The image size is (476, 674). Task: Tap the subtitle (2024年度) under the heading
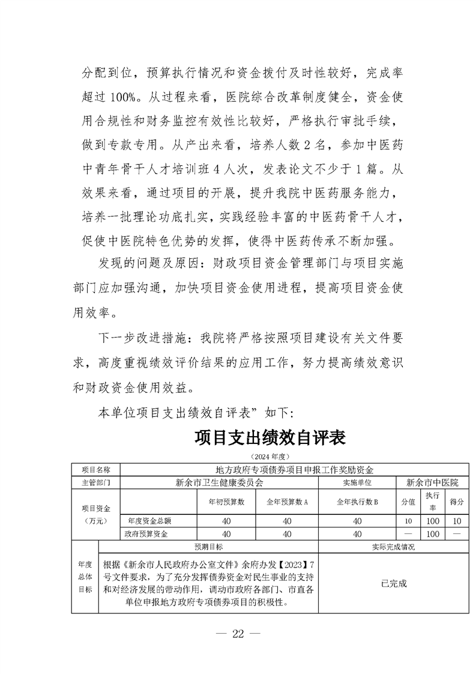pyautogui.click(x=270, y=456)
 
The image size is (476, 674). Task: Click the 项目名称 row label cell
pyautogui.click(x=96, y=469)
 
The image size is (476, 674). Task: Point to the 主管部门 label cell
pyautogui.click(x=96, y=482)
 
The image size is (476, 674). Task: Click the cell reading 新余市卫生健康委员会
pyautogui.click(x=219, y=482)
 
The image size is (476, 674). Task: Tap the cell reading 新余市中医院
pyautogui.click(x=432, y=482)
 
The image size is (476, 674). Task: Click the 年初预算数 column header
pyautogui.click(x=226, y=502)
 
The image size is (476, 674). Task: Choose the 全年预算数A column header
pyautogui.click(x=287, y=502)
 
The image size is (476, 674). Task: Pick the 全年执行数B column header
pyautogui.click(x=357, y=502)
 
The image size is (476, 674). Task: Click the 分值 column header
pyautogui.click(x=408, y=502)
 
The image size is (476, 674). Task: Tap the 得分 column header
pyautogui.click(x=457, y=502)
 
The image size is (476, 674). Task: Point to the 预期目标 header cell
pyautogui.click(x=208, y=547)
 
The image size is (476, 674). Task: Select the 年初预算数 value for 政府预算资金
pyautogui.click(x=226, y=533)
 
